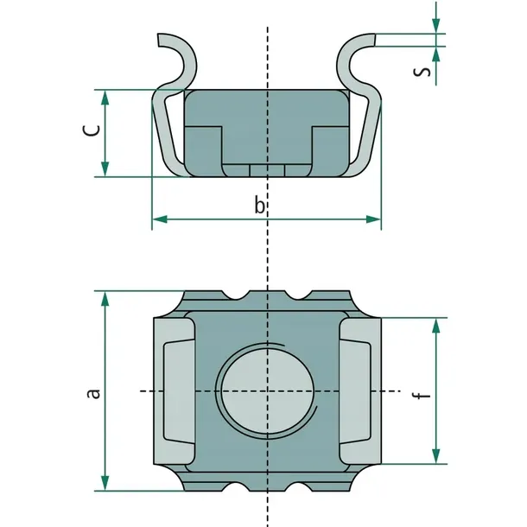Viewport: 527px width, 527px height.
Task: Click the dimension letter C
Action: [x=92, y=130]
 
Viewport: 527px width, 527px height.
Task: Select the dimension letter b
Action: [x=259, y=205]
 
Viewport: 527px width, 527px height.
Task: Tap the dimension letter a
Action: [x=93, y=393]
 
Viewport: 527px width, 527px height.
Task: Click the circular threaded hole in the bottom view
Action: [x=268, y=391]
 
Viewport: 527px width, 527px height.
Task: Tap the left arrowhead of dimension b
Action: [x=160, y=219]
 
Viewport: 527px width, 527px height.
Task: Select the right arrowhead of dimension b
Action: [x=373, y=219]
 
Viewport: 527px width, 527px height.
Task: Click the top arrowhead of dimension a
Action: [x=105, y=299]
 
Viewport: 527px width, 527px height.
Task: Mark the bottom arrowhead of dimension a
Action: [x=105, y=483]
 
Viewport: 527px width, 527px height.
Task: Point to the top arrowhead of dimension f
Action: [x=436, y=326]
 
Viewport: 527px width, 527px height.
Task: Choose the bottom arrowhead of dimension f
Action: [x=436, y=456]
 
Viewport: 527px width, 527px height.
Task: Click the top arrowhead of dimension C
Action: [x=105, y=98]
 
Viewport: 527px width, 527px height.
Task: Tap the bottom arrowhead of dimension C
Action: [x=105, y=169]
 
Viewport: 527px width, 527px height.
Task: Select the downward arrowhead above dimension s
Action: [x=436, y=26]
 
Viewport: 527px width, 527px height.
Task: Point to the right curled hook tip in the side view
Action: [x=373, y=40]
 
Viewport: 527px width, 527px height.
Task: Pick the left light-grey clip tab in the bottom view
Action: [x=175, y=391]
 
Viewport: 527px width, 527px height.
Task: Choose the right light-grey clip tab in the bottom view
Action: [x=360, y=391]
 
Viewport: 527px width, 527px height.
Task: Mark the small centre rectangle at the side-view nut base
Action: [x=267, y=171]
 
